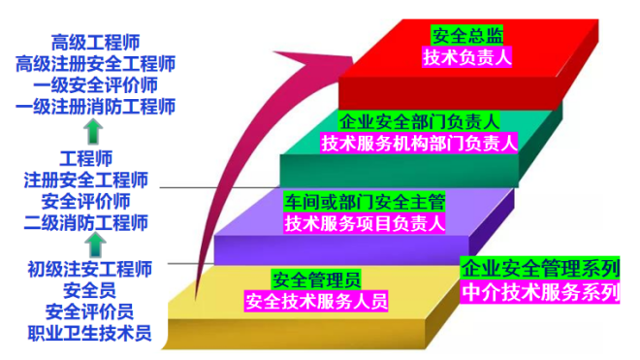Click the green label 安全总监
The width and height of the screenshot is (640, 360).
tap(467, 36)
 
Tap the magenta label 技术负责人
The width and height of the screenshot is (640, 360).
tap(467, 57)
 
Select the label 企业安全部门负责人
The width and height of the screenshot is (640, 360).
tap(420, 121)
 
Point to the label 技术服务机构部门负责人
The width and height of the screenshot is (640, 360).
tap(419, 143)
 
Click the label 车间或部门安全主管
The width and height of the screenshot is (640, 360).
tap(365, 202)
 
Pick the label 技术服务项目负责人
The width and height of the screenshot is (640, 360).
tap(365, 223)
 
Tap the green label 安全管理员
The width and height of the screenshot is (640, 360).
tap(316, 279)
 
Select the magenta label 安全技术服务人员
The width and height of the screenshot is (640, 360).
tap(316, 301)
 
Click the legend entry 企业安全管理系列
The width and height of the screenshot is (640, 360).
tap(540, 268)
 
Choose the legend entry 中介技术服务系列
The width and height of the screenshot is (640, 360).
tap(540, 292)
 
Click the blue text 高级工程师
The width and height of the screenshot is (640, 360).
tap(95, 42)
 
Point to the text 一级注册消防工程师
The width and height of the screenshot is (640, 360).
tap(95, 107)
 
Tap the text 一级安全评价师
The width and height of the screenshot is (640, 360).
tap(95, 85)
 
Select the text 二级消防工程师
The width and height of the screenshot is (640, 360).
tap(86, 223)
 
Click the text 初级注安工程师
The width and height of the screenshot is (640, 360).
tap(90, 270)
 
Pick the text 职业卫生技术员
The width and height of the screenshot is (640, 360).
tap(90, 333)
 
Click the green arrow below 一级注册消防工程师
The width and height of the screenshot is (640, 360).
tap(93, 132)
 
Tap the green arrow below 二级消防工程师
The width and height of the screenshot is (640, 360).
tap(95, 245)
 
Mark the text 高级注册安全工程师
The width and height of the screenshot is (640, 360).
tap(95, 64)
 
